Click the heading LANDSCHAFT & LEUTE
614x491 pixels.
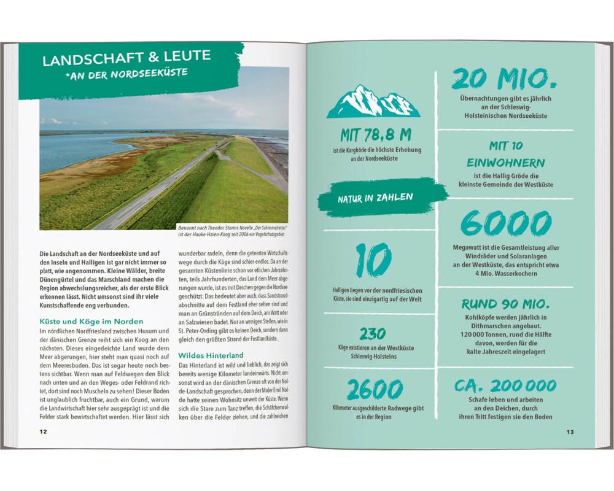tap(126, 58)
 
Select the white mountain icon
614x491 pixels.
tap(373, 102)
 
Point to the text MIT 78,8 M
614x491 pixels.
tap(376, 136)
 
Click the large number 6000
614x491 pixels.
tap(506, 225)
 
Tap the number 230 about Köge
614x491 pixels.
tap(373, 334)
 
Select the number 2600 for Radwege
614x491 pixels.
tap(375, 390)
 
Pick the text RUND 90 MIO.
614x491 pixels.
tap(505, 304)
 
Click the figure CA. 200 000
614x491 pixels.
tap(505, 386)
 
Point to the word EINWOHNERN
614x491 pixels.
tap(506, 163)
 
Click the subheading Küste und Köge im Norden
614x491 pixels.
tap(91, 321)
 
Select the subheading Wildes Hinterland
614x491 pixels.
tap(211, 355)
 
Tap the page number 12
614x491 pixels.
tap(43, 431)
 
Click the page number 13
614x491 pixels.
tap(570, 432)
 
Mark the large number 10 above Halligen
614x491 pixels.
tap(373, 261)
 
